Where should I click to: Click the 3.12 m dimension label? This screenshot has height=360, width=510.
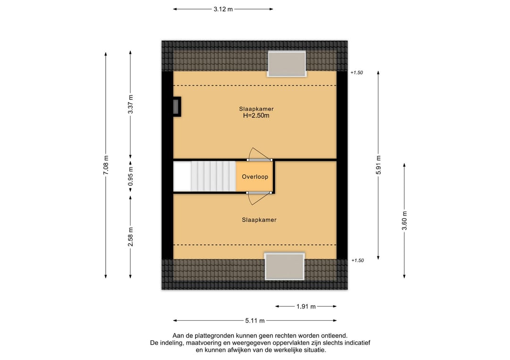pyautogui.click(x=223, y=9)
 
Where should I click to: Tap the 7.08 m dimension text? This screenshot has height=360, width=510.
pyautogui.click(x=106, y=166)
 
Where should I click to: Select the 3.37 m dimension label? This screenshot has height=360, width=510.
pyautogui.click(x=130, y=104)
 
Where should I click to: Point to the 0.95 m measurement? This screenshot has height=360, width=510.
pyautogui.click(x=130, y=176)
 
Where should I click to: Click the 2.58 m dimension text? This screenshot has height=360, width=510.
pyautogui.click(x=130, y=237)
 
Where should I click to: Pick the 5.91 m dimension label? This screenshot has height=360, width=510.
pyautogui.click(x=379, y=165)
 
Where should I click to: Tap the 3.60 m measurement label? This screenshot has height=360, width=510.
pyautogui.click(x=404, y=221)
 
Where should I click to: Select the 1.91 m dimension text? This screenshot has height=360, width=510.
pyautogui.click(x=306, y=306)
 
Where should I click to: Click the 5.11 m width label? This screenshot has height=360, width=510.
pyautogui.click(x=255, y=321)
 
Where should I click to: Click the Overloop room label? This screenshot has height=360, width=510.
pyautogui.click(x=255, y=177)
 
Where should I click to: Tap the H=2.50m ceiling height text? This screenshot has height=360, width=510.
pyautogui.click(x=256, y=116)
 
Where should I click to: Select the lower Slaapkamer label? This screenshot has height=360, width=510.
pyautogui.click(x=259, y=220)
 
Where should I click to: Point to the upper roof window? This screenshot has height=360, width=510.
pyautogui.click(x=287, y=64)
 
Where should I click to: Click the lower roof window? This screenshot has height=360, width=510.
pyautogui.click(x=285, y=267)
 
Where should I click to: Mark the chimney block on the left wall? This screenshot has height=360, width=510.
pyautogui.click(x=177, y=107)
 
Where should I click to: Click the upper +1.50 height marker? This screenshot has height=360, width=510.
pyautogui.click(x=357, y=73)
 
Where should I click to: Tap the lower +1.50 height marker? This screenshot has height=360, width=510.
pyautogui.click(x=357, y=260)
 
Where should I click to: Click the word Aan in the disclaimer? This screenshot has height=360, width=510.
pyautogui.click(x=178, y=335)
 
